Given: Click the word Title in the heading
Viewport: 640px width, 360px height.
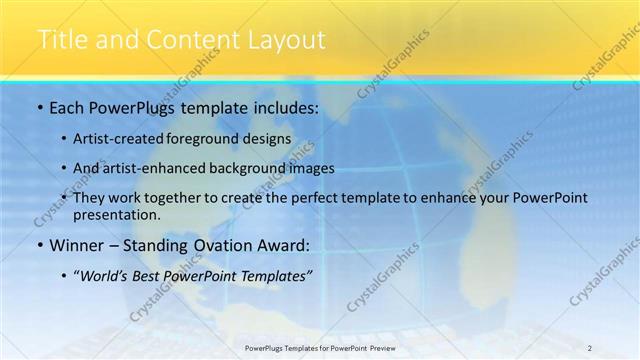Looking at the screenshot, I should (x=61, y=40).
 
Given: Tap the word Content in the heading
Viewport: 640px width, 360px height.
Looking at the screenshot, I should (x=190, y=40).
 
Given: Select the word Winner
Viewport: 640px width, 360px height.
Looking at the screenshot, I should (x=75, y=244).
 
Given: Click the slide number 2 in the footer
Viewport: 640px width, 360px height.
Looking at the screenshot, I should (x=589, y=348).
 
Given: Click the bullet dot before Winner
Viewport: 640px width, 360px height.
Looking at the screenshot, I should (x=39, y=245).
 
